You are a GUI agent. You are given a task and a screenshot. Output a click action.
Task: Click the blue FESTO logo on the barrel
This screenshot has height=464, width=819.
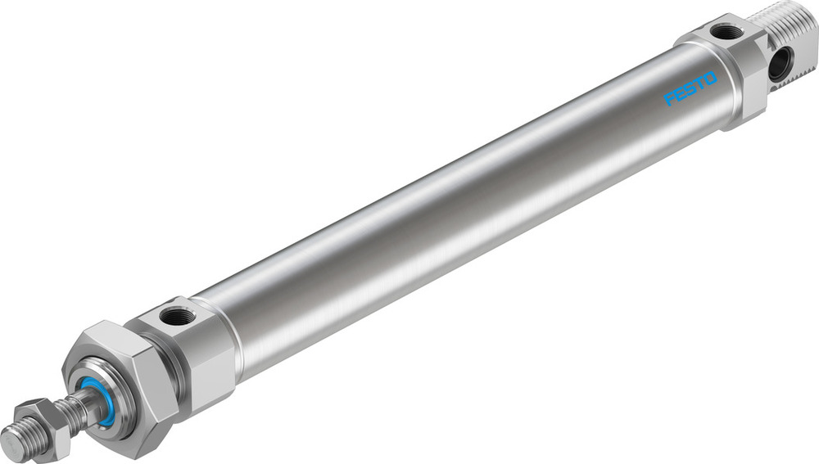coord(690,88)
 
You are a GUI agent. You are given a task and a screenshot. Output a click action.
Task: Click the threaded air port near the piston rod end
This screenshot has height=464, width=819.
coord(175,315)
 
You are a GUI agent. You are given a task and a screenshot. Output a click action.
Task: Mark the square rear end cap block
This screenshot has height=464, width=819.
coord(733,70)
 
